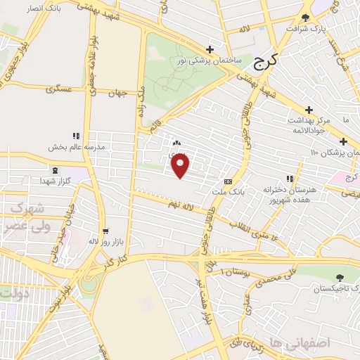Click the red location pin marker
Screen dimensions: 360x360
tap(181, 166)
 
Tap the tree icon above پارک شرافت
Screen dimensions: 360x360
tap(304, 18)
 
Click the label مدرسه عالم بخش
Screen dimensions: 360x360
tap(76, 147)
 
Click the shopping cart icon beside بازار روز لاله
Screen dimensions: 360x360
tap(105, 231)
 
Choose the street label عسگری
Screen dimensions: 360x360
tap(59, 90)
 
